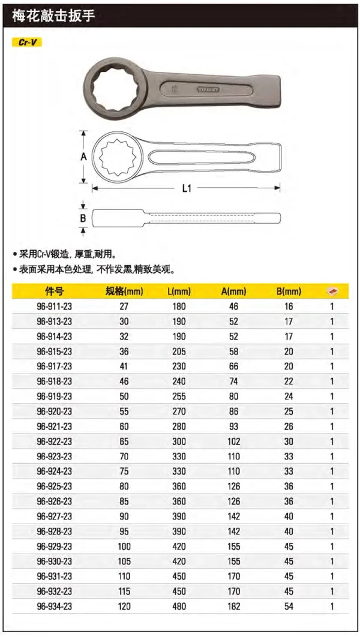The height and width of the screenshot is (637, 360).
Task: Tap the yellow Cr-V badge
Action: click(27, 43)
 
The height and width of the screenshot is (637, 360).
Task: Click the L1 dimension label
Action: click(186, 188)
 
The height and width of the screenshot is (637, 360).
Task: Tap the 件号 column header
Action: click(54, 292)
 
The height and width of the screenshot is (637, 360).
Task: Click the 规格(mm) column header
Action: click(125, 292)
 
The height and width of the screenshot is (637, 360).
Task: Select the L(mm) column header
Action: click(179, 292)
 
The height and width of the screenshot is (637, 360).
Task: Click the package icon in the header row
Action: click(332, 292)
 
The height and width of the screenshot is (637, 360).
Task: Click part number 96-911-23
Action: click(54, 307)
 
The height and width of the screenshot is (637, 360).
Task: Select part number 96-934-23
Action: click(54, 607)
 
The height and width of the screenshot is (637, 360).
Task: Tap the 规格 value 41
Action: click(125, 366)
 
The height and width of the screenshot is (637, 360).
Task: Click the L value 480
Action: click(179, 607)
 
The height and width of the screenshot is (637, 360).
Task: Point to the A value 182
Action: click(234, 607)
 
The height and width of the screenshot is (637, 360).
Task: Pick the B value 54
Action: click(289, 607)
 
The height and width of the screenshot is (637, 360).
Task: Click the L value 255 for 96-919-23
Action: click(179, 396)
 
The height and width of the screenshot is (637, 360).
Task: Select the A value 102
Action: click(234, 441)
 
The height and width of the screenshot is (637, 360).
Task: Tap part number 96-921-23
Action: click(54, 426)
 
